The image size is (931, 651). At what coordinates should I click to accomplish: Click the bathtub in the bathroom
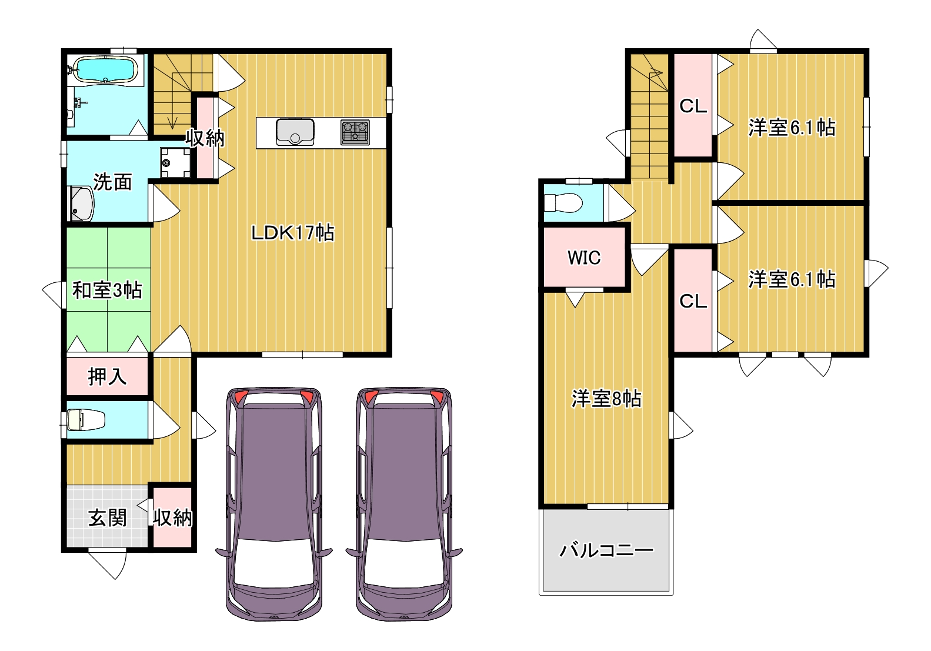pos(106,70)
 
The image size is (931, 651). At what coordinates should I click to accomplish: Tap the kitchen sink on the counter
pos(295,132)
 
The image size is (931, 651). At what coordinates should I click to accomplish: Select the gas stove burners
pos(355,132)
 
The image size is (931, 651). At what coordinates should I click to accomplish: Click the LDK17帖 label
pos(293,233)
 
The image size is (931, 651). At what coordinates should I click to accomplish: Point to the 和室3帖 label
pos(107,290)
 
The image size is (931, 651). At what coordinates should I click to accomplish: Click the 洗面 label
pos(112,182)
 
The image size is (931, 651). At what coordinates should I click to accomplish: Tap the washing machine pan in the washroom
pos(175,162)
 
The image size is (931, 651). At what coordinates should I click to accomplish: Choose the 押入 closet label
pos(107,376)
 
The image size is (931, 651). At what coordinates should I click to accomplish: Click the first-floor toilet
pos(85,419)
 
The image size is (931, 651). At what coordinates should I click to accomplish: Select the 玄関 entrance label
pos(107,518)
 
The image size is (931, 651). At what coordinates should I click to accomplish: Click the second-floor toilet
pos(563,203)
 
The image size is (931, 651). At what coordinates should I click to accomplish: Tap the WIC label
pos(584,258)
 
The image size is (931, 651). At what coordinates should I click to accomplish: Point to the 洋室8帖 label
pos(606,398)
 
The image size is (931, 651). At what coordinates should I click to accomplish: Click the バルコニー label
pos(606,550)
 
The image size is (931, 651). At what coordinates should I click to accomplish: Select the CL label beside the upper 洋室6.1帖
pos(693,106)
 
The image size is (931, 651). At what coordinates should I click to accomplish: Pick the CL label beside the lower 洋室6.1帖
pos(693,301)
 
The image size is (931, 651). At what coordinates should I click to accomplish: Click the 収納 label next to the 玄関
pos(172,518)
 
